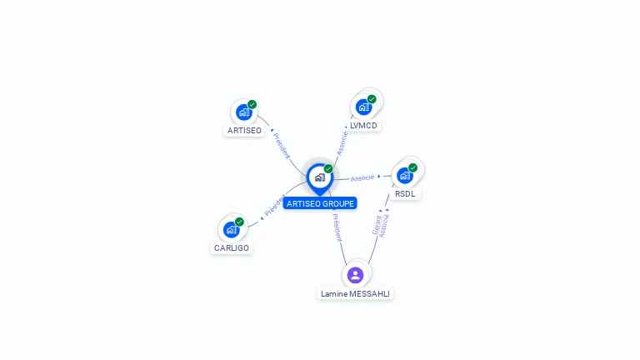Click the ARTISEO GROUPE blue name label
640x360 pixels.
coord(320,203)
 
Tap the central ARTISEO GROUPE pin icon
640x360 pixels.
coord(319,177)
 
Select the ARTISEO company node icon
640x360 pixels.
coord(243,112)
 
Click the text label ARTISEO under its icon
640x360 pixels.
coord(244,131)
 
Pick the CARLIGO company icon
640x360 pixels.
coord(231,229)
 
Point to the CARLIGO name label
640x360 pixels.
coord(232,248)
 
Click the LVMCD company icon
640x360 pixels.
coord(363,107)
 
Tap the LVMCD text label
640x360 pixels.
coord(363,126)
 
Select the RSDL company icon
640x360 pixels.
coord(405,175)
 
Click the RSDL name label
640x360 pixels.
coord(405,194)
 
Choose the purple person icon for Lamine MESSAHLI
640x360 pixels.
coord(355,275)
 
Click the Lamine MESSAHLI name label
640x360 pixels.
coord(355,294)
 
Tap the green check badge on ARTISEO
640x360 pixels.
coord(252,105)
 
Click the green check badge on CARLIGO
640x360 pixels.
coord(239,222)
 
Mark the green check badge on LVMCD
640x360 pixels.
coord(372,99)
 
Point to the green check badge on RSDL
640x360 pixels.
coord(412,167)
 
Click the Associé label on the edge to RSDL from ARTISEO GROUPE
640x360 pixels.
coord(362,177)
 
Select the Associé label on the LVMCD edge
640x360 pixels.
coord(342,142)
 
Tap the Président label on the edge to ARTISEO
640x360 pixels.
coord(282,144)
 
